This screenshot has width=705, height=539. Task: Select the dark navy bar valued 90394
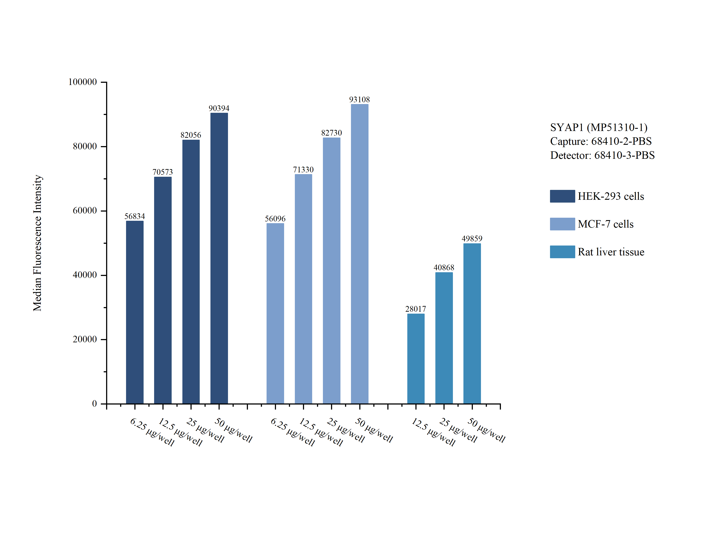(x=219, y=258)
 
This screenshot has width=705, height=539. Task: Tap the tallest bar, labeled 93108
(x=359, y=253)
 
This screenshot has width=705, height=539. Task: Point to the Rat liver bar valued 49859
(x=472, y=323)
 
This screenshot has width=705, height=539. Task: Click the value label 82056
(x=191, y=135)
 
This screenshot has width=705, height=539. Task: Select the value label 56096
(x=275, y=219)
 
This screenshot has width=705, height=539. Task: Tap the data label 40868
(x=444, y=268)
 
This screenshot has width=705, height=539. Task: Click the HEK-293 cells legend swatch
(x=562, y=196)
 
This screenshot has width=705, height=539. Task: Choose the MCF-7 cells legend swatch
(x=562, y=224)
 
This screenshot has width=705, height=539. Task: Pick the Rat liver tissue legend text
(x=611, y=252)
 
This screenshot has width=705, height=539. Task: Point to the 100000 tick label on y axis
(x=82, y=82)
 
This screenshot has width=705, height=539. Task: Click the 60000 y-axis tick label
(x=85, y=211)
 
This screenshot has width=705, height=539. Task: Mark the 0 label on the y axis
(x=94, y=404)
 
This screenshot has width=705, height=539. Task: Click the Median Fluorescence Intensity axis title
(x=37, y=243)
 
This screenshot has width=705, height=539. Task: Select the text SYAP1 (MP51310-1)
(x=599, y=127)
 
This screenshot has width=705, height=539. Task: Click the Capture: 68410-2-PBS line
(x=601, y=141)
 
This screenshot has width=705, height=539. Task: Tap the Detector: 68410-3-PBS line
(x=602, y=155)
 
